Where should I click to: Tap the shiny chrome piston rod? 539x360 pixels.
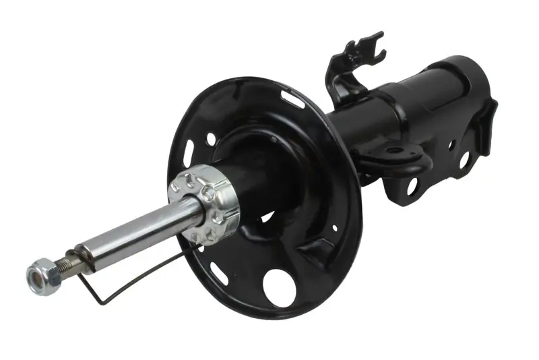pyautogui.click(x=135, y=233)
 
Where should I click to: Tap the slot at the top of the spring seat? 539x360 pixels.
pyautogui.click(x=294, y=100)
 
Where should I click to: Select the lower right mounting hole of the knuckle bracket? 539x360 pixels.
pyautogui.click(x=464, y=159)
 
